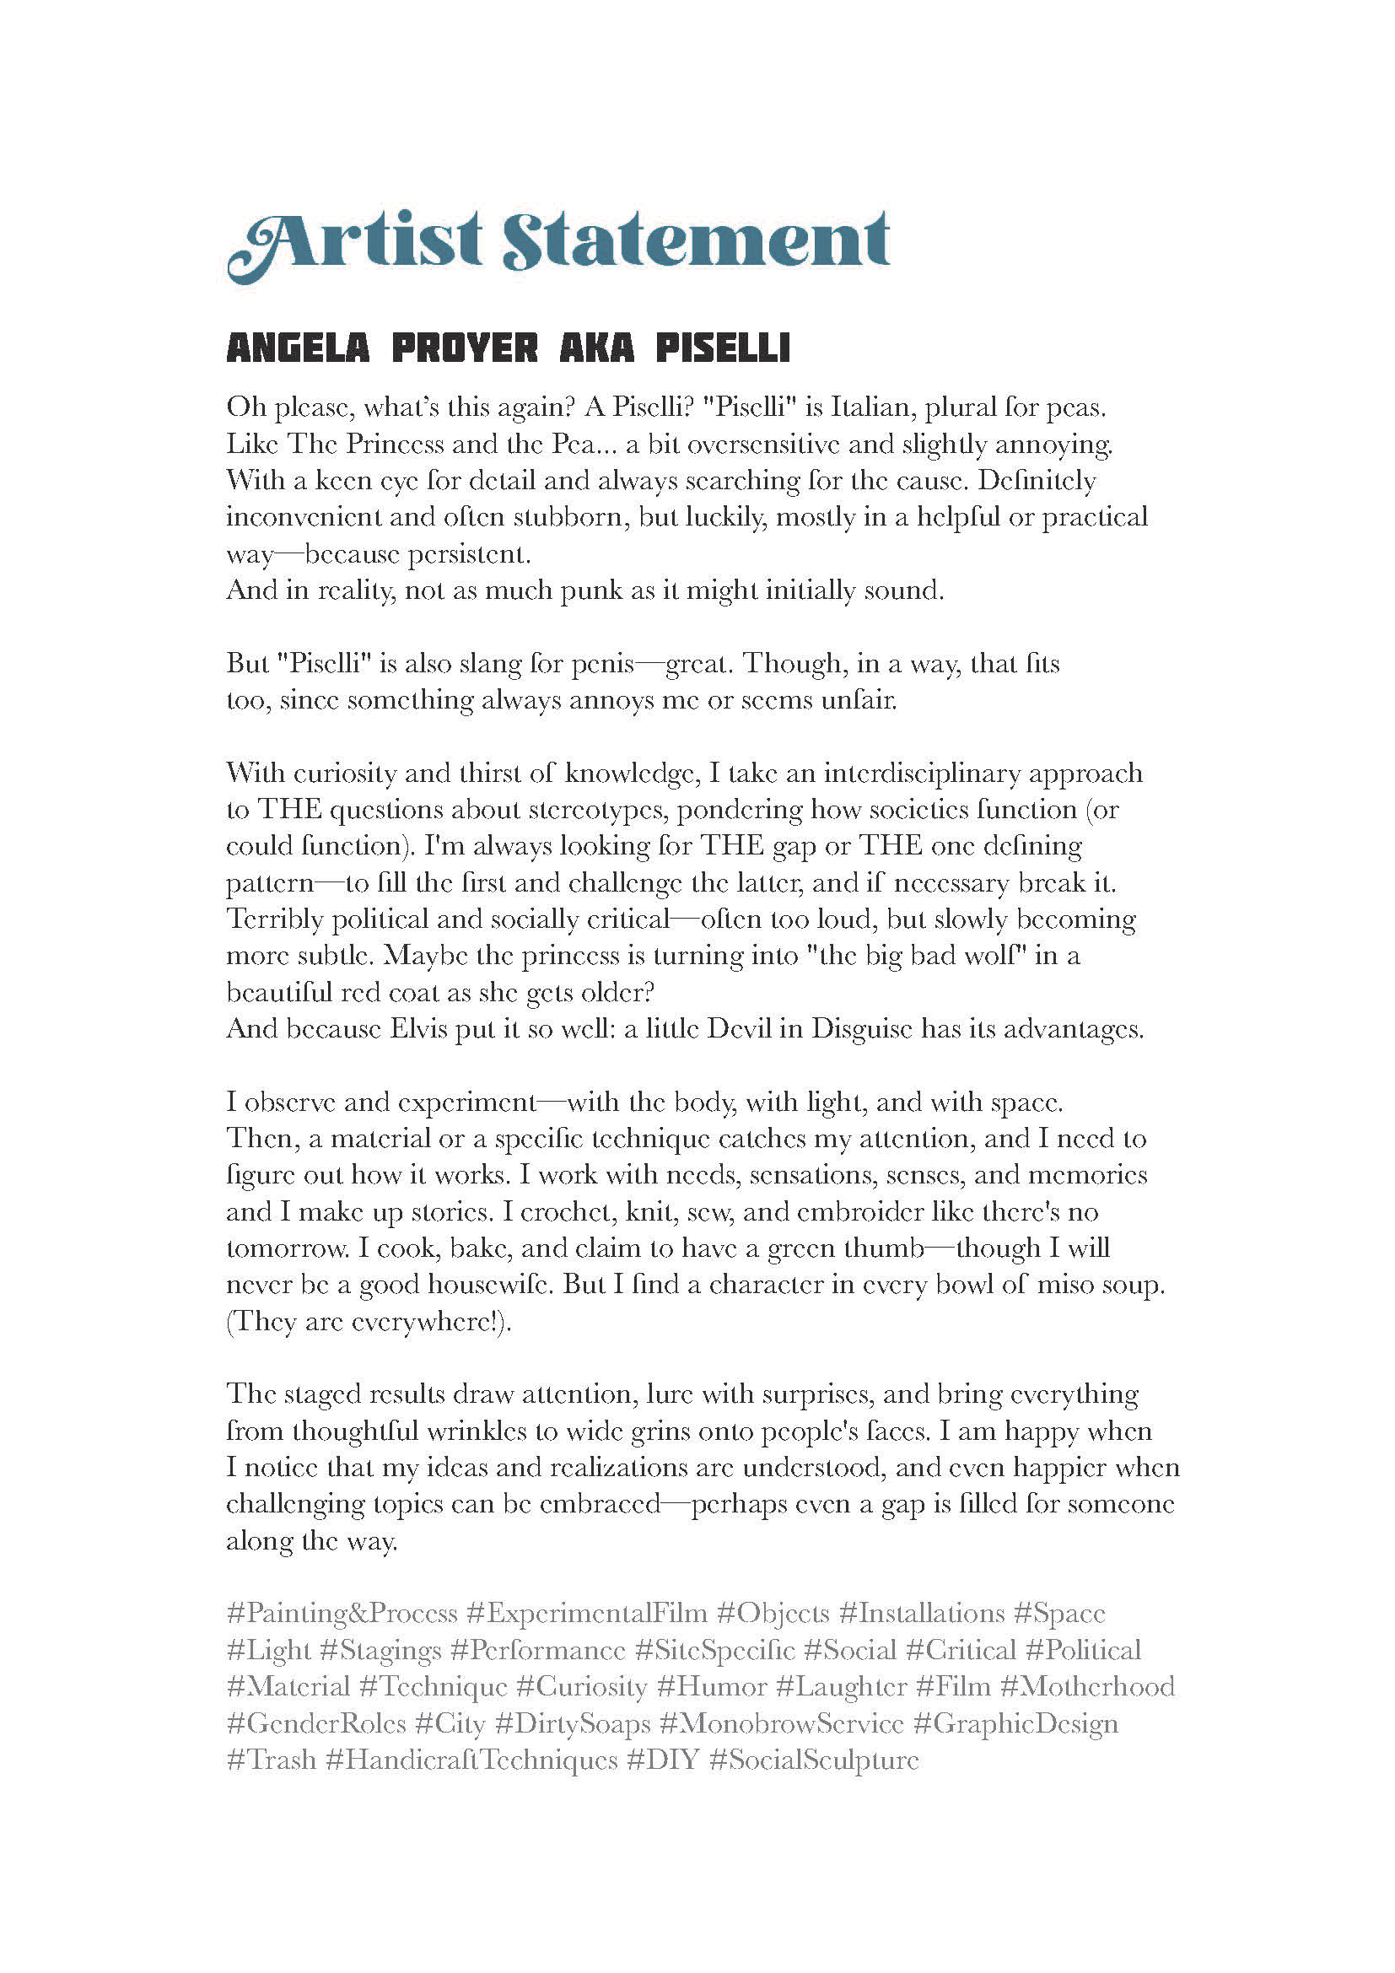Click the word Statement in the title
696,241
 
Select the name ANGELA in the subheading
297,348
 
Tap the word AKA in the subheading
596,348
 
